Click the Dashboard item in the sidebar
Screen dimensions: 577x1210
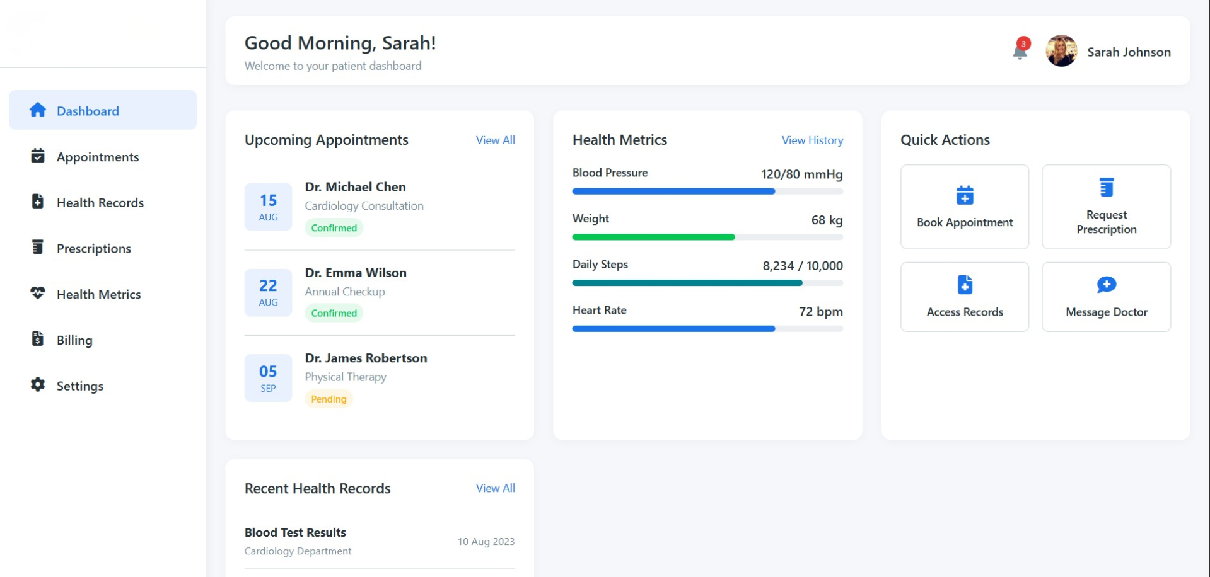coord(102,110)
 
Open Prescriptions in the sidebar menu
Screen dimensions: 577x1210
coord(93,248)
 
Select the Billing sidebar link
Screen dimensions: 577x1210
coord(74,340)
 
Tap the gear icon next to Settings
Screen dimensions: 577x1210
coord(38,385)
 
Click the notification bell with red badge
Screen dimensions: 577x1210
coord(1020,51)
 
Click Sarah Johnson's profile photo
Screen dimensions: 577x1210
coord(1061,51)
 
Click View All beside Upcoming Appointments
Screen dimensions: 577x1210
coord(495,140)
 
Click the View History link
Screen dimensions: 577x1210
coord(812,140)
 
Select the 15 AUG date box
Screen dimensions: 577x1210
coord(268,207)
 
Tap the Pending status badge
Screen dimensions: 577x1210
coord(329,399)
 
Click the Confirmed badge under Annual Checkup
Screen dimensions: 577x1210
coord(334,313)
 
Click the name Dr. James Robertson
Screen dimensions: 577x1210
coord(366,358)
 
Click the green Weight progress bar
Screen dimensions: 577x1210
coord(653,237)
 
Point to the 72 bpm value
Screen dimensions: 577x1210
coord(820,311)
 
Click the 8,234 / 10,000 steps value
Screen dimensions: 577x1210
coord(802,266)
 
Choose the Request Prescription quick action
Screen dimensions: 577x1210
coord(1105,207)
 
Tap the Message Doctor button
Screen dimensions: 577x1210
coord(1105,297)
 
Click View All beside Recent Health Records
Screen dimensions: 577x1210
coord(495,488)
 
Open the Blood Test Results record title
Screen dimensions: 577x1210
coord(295,532)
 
